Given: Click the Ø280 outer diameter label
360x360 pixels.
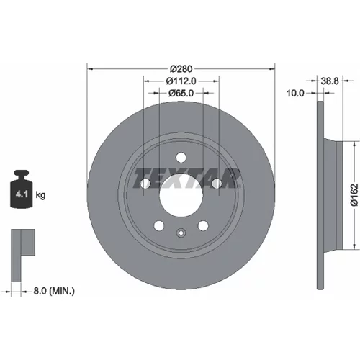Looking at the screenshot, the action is point(181,69).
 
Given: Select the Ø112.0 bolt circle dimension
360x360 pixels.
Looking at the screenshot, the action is point(181,81).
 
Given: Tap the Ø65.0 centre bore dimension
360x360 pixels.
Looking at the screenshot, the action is point(181,93).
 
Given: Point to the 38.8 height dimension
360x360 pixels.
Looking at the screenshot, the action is point(330,81).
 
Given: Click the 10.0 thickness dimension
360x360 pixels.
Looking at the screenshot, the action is point(295,93).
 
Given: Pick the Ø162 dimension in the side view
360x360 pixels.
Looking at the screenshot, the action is point(354,195).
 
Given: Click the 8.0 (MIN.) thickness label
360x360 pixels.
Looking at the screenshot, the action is point(54,291).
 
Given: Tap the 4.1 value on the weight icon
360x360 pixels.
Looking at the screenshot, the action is point(22,194).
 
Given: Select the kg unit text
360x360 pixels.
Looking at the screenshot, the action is point(40,195).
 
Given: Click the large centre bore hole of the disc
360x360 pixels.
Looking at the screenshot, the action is point(181,195).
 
